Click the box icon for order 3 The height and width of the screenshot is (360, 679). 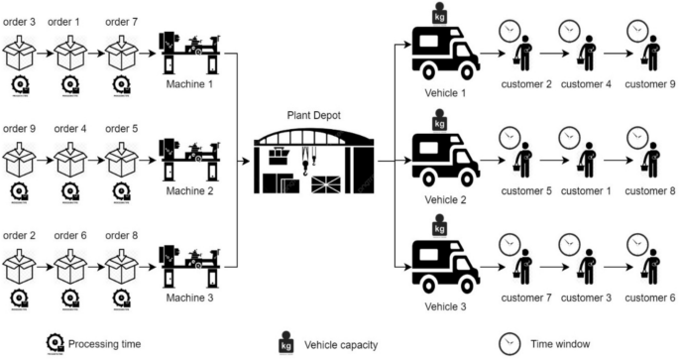pos(23,49)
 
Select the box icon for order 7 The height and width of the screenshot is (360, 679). pos(123,49)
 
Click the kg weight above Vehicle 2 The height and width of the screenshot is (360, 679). pos(438,121)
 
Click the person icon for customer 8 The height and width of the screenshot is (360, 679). pos(651,160)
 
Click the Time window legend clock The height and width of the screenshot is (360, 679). pos(510,343)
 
